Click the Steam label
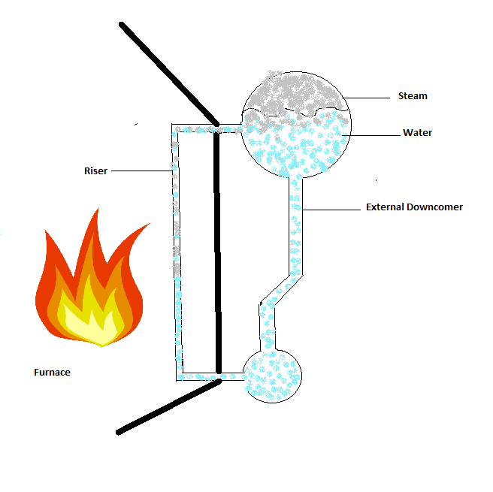pos(413,96)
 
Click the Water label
pos(417,133)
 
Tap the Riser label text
pos(95,171)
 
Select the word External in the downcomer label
pos(387,207)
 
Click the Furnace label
pos(53,372)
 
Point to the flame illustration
pos(89,285)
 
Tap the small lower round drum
pos(271,373)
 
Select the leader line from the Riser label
pos(143,171)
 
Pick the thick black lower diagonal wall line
pos(169,406)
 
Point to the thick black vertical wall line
pos(219,248)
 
